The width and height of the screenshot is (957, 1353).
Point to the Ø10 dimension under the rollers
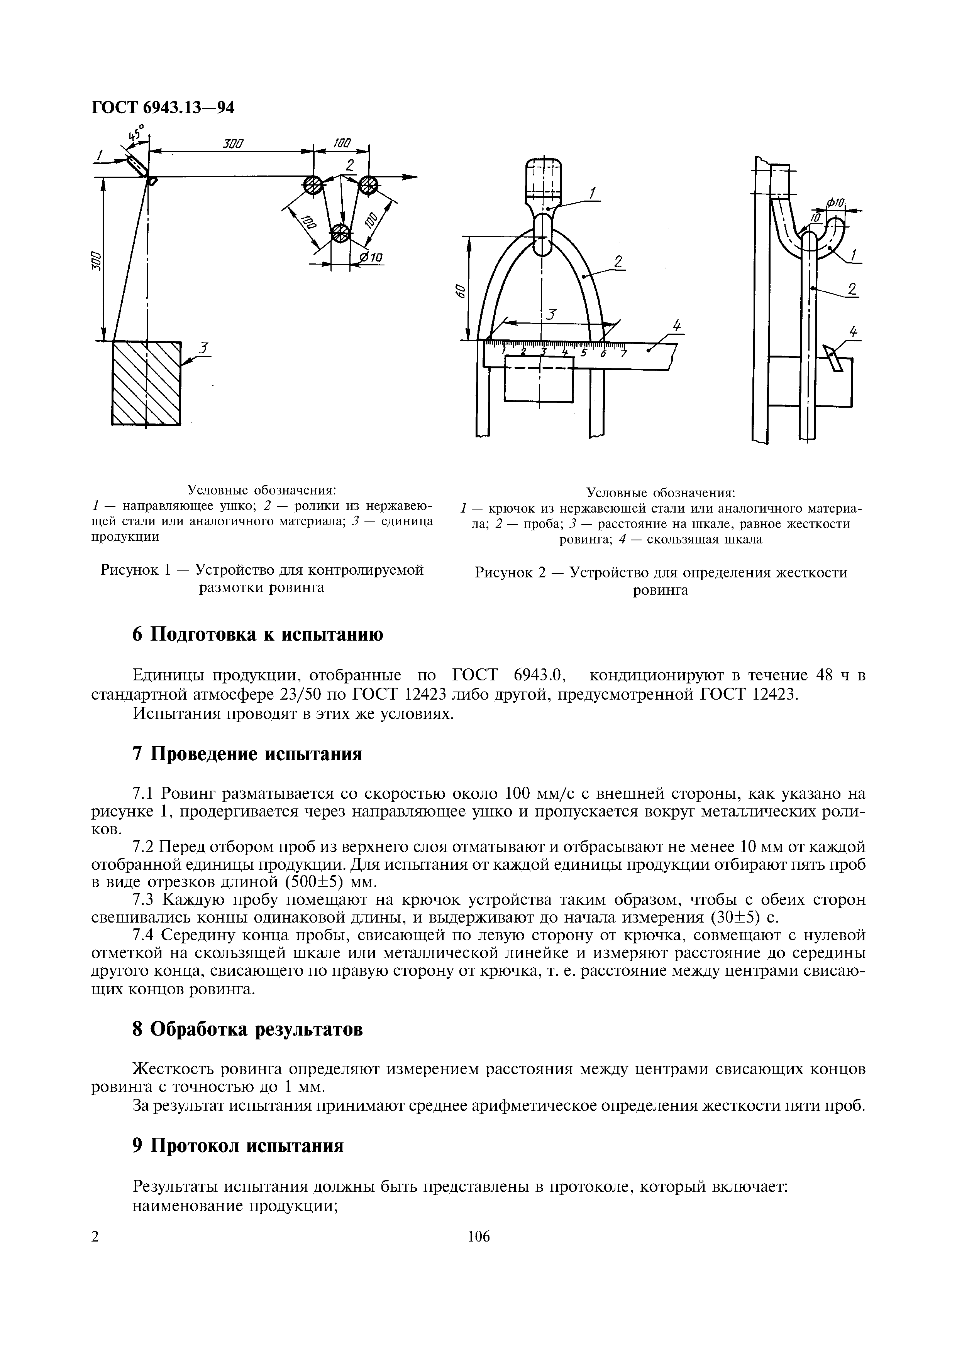point(371,258)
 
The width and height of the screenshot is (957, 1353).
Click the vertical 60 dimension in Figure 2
point(461,290)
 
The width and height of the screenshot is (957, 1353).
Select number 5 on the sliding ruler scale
point(583,353)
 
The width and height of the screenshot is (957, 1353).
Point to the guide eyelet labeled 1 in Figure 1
point(138,165)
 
